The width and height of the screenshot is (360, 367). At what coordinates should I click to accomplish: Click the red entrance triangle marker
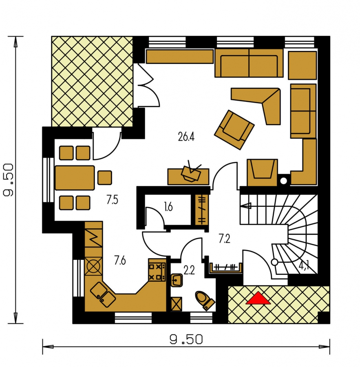point(258,298)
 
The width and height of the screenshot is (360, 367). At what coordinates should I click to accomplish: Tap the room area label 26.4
point(186,137)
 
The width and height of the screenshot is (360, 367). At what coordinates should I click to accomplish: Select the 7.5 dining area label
point(112,200)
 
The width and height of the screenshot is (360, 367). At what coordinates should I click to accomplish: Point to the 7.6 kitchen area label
point(120,260)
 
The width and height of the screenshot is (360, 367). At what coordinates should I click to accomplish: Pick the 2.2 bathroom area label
point(189,271)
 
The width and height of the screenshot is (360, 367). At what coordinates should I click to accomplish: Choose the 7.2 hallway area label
point(225,239)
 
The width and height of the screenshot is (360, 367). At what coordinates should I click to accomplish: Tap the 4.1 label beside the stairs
point(304,266)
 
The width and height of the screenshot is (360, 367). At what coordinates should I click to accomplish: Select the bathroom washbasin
point(177,280)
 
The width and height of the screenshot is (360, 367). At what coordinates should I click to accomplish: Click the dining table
point(75,178)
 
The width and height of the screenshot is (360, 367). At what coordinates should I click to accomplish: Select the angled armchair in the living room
point(234,130)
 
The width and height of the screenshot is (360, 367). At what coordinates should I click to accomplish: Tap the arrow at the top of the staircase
point(245,206)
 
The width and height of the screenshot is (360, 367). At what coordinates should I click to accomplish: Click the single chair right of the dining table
point(105,177)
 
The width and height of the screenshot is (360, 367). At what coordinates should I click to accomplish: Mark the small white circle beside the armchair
point(283,181)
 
